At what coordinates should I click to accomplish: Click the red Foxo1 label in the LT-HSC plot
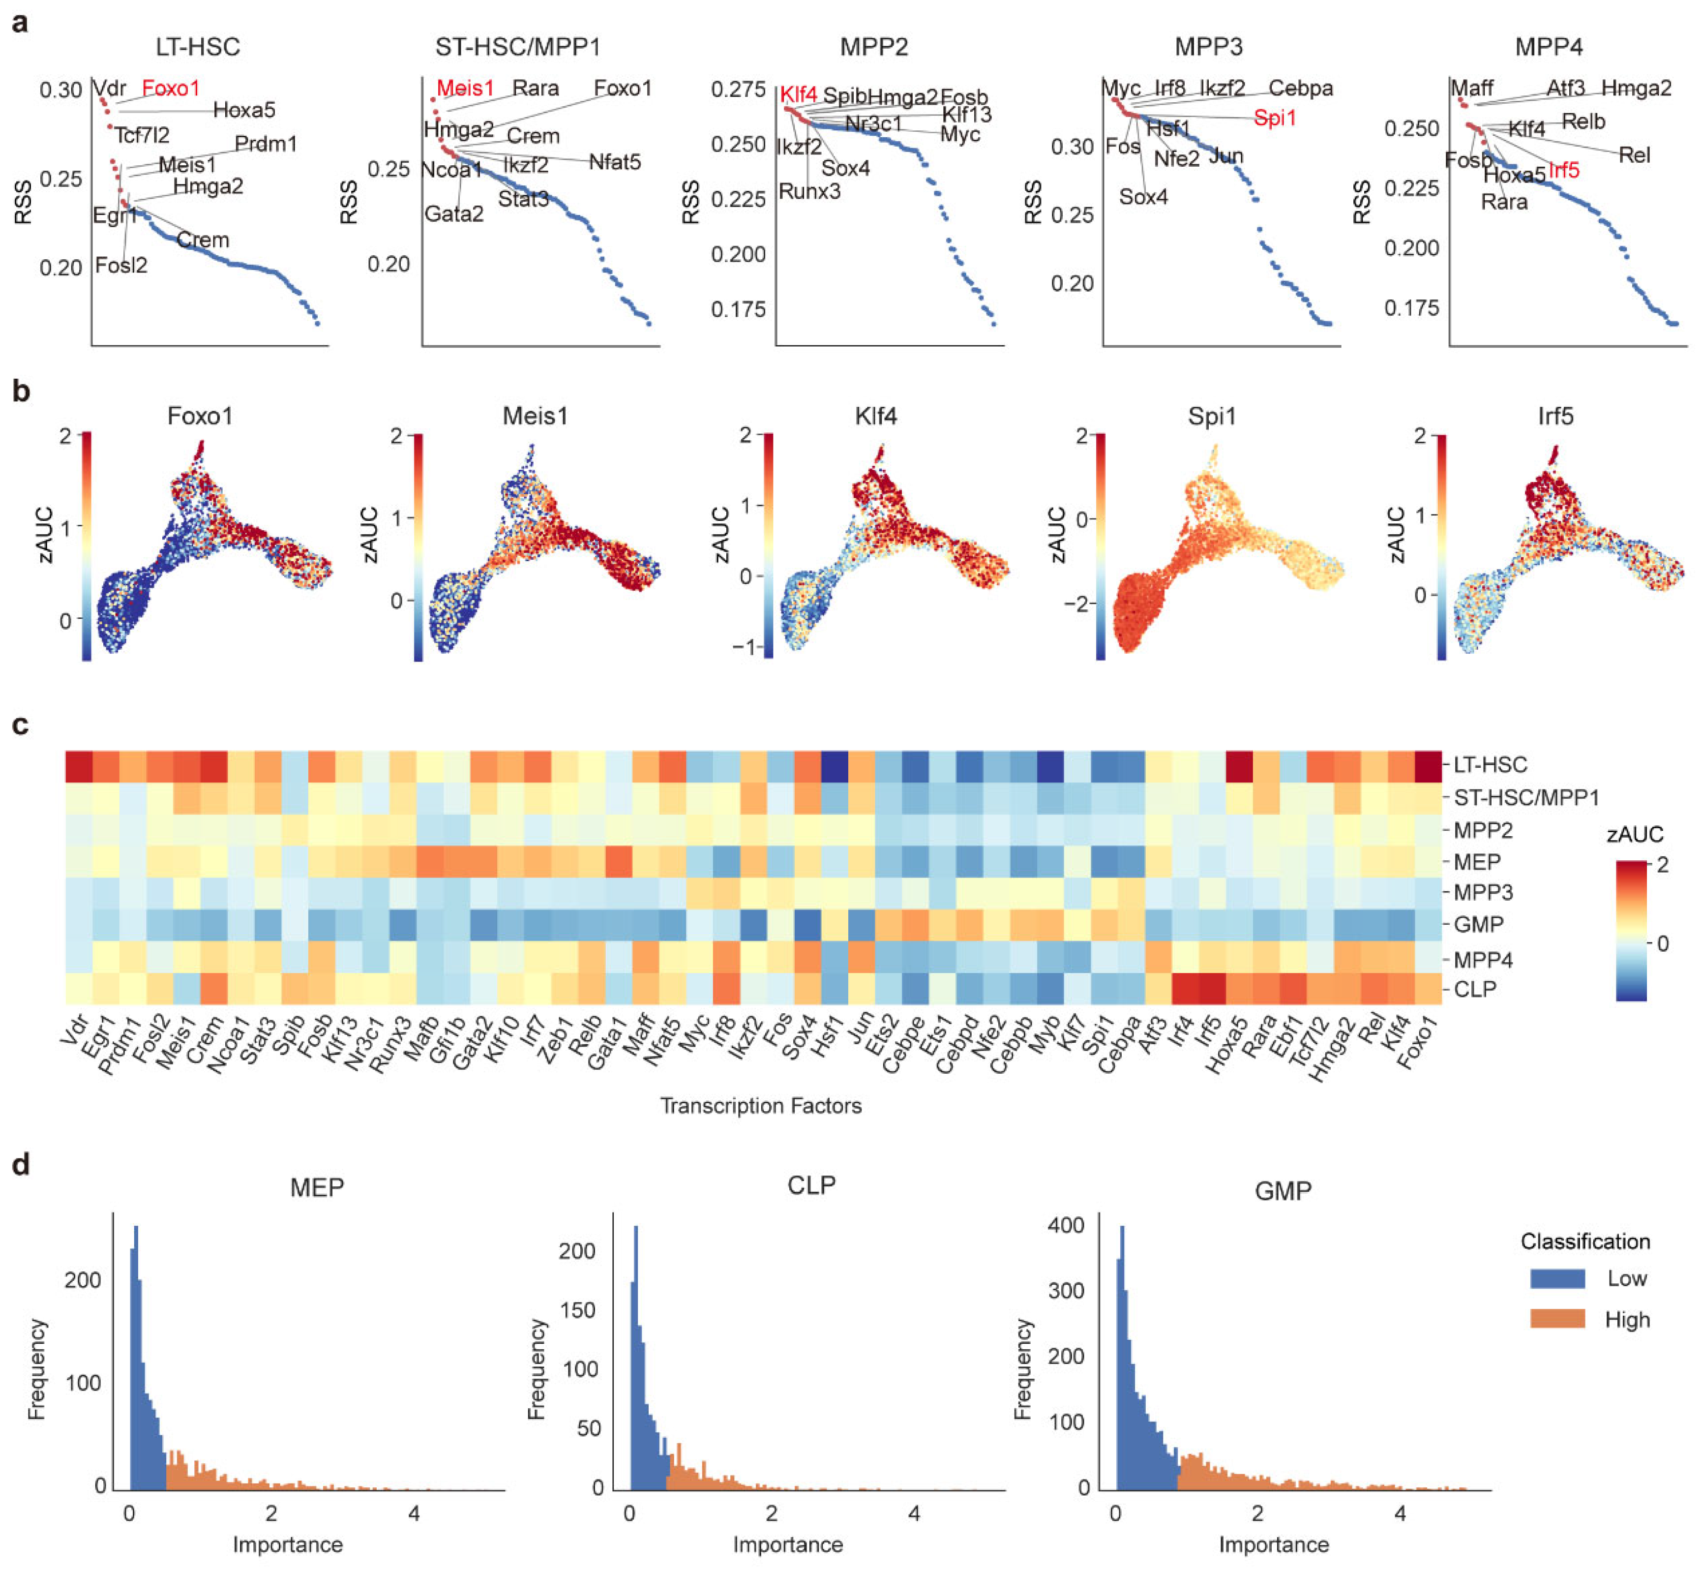[x=170, y=89]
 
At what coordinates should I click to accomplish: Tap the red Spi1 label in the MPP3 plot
[x=1274, y=118]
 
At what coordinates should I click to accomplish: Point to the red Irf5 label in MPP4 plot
[x=1563, y=170]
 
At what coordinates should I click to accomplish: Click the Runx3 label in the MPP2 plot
[x=810, y=191]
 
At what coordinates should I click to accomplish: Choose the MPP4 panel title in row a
[x=1548, y=47]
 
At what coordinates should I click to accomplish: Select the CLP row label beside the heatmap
[x=1475, y=989]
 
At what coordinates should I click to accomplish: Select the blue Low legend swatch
[x=1556, y=1278]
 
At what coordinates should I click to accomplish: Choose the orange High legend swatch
[x=1556, y=1319]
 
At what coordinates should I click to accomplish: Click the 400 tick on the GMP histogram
[x=1067, y=1225]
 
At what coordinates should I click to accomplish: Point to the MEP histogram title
[x=316, y=1187]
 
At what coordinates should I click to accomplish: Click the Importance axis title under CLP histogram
[x=788, y=1544]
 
